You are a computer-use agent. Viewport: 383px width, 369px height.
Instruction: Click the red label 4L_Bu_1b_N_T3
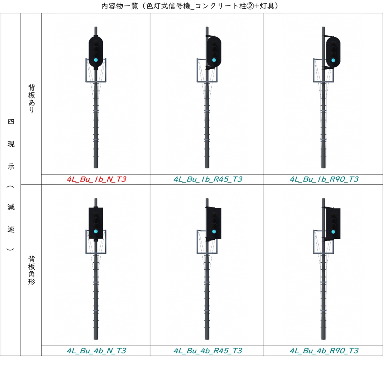click(x=96, y=179)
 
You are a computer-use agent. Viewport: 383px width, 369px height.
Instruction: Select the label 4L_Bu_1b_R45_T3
click(x=208, y=179)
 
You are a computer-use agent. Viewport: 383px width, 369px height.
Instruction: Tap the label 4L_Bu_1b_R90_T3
click(x=324, y=179)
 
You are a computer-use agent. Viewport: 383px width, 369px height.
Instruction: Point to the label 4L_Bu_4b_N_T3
click(x=96, y=351)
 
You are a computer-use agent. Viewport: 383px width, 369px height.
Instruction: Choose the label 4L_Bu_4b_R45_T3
click(x=208, y=351)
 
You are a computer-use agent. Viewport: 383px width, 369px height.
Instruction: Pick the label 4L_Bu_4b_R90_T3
click(x=324, y=351)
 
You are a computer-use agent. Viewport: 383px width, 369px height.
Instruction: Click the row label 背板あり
click(x=31, y=99)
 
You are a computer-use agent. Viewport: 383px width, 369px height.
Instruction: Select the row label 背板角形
click(x=31, y=270)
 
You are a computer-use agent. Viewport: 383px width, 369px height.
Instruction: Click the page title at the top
click(x=190, y=6)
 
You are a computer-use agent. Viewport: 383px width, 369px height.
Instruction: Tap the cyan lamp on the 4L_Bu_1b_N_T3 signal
click(x=96, y=60)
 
